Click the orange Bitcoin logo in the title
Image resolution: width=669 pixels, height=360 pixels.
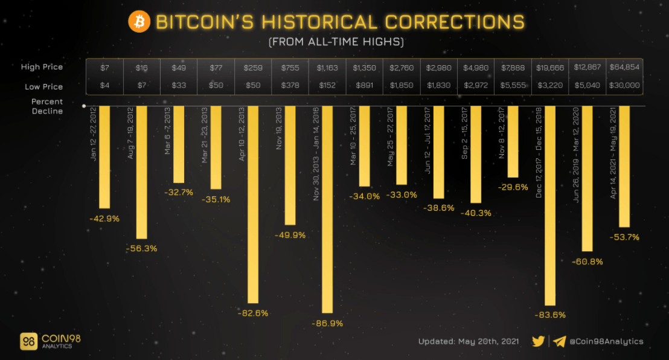139,22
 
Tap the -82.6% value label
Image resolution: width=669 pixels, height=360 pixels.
253,313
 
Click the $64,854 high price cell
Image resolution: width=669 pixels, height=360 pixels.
624,68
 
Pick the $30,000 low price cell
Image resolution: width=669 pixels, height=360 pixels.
624,86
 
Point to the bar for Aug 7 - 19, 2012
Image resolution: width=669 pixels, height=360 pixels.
142,172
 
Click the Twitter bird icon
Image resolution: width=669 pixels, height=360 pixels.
538,341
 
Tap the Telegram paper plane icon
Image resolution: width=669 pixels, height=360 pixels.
559,341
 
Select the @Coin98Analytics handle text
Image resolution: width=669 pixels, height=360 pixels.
606,341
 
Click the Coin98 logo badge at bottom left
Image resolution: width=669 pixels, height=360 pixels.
29,341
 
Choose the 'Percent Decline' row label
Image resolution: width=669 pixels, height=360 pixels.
47,106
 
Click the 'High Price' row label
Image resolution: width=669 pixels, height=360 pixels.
42,67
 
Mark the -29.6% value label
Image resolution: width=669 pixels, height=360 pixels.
513,187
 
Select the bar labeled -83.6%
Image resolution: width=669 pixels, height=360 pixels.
550,205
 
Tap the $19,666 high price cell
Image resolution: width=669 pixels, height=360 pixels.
550,68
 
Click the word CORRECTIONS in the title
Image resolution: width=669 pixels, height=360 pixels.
455,22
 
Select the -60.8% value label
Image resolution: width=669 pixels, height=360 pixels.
587,262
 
